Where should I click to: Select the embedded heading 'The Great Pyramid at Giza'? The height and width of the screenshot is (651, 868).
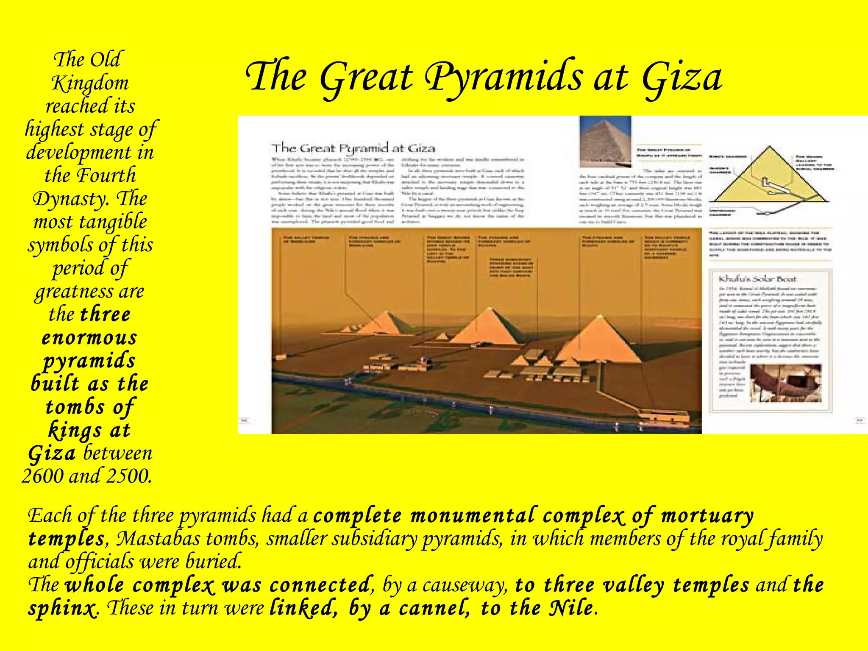click(353, 148)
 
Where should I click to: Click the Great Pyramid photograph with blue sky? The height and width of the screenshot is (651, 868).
click(605, 142)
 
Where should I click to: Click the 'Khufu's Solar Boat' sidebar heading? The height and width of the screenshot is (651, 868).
click(757, 279)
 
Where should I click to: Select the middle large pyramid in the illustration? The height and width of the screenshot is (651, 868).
click(489, 326)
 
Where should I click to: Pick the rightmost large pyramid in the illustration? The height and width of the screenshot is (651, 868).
click(599, 339)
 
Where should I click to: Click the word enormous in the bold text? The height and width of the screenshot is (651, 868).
click(89, 338)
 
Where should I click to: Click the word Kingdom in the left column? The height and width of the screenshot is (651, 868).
click(90, 83)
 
